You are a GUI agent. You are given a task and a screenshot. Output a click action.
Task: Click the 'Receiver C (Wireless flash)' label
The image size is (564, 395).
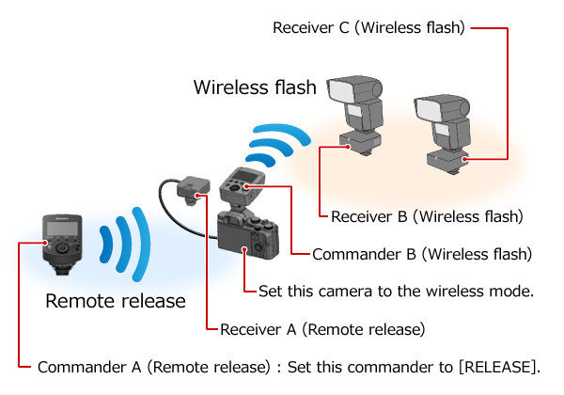(368, 27)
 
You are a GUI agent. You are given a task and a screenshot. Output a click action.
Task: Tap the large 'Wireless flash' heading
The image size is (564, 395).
(255, 87)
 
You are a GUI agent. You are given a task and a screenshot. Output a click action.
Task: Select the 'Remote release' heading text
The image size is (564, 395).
(116, 301)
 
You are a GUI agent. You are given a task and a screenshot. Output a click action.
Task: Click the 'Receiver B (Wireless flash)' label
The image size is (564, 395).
(427, 216)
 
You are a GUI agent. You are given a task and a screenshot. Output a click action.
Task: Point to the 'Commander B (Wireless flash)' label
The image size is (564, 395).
(422, 254)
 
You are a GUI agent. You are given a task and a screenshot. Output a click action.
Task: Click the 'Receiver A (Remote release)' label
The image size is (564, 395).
(322, 329)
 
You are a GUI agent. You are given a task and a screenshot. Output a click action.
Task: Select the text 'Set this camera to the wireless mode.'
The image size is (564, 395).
(396, 291)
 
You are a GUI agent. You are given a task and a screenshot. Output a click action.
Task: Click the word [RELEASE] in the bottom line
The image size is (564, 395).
(500, 367)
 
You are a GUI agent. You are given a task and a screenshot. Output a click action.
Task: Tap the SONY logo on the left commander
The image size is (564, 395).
(62, 218)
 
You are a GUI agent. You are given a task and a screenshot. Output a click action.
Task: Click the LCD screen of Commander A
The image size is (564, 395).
(62, 229)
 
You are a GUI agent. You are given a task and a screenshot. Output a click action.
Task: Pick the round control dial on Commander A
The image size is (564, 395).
(63, 248)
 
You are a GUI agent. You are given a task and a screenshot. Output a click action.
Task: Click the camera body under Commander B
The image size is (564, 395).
(248, 235)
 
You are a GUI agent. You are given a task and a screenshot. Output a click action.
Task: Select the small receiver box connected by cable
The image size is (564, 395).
(194, 189)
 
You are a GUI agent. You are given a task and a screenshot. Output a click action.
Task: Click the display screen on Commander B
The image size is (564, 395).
(243, 177)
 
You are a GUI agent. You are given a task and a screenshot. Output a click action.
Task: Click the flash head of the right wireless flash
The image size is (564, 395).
(442, 108)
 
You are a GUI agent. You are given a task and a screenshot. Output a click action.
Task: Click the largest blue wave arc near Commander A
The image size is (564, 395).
(141, 244)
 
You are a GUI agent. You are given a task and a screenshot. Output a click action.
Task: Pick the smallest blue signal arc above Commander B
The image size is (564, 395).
(259, 160)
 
